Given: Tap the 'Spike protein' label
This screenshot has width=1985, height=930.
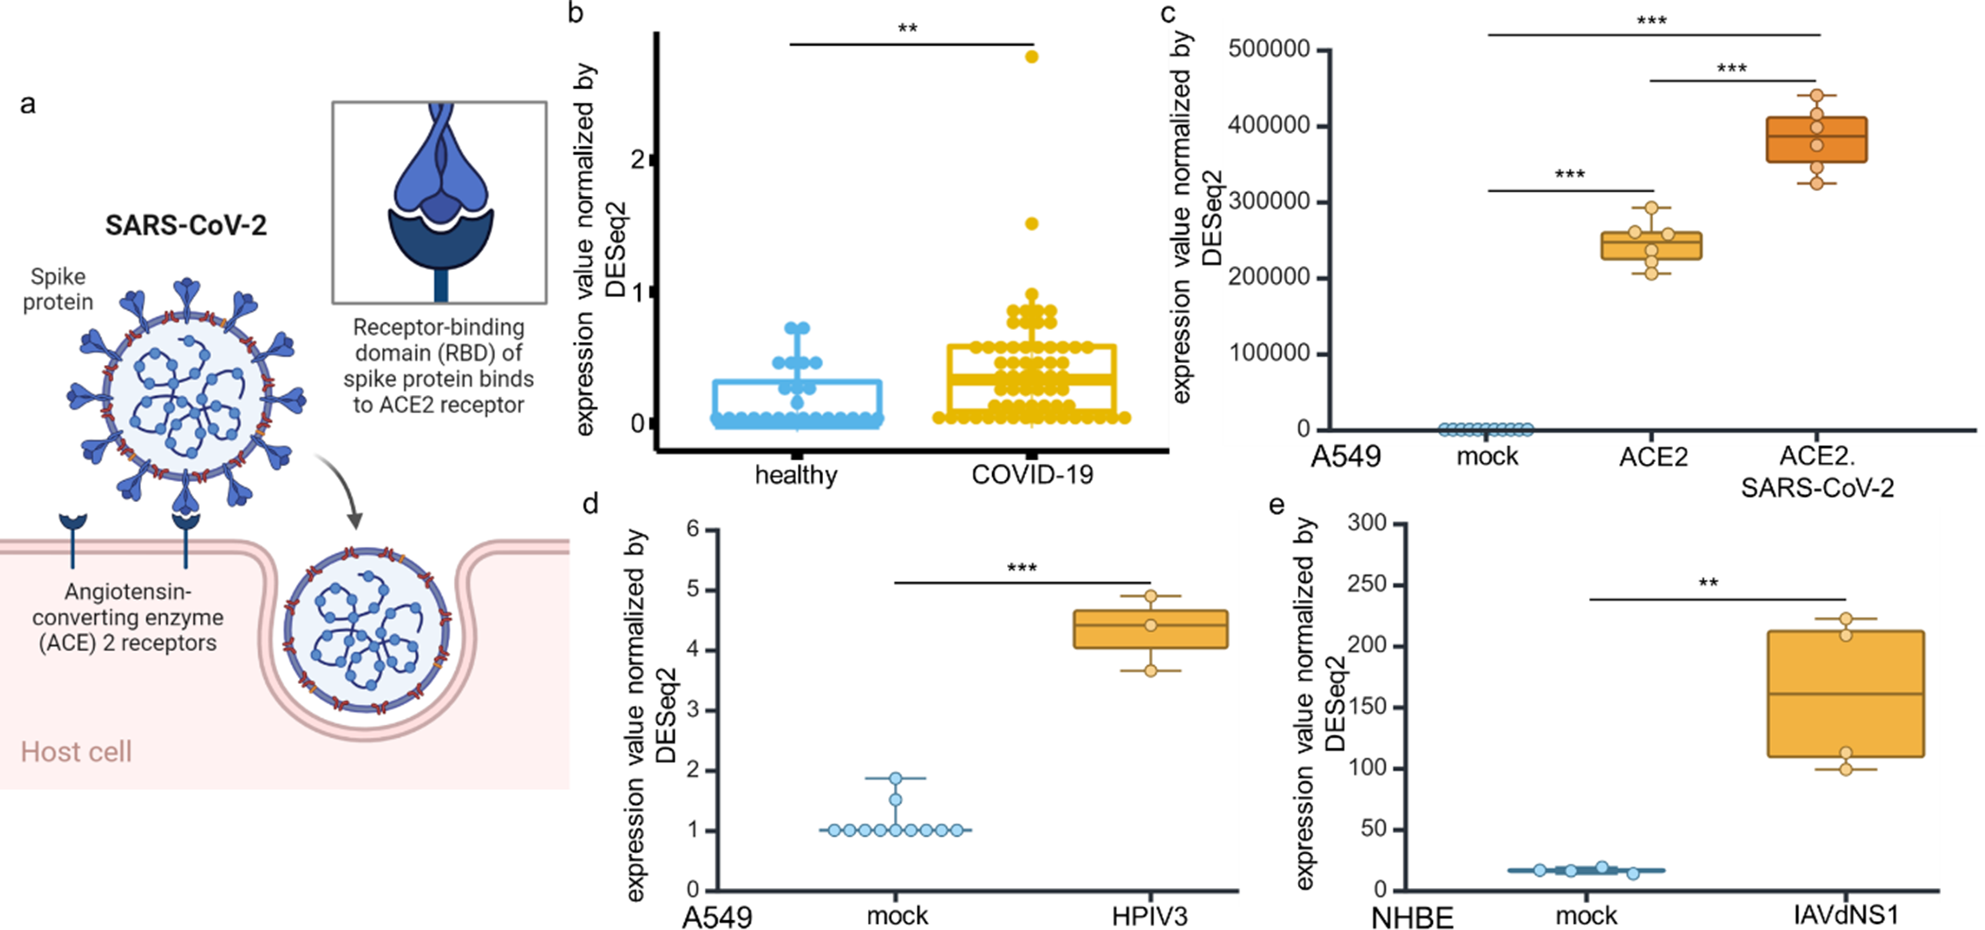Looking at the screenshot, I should (x=58, y=289).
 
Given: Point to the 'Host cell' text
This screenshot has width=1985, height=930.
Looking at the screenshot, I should (x=76, y=751).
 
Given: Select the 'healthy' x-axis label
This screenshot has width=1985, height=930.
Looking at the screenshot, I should (x=796, y=474).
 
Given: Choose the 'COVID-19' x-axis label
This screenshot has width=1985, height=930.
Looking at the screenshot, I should (x=1032, y=474).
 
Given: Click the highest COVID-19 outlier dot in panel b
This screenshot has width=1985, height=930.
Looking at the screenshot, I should (x=1031, y=56).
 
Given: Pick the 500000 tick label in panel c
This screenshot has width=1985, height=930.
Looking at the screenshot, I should (x=1269, y=50).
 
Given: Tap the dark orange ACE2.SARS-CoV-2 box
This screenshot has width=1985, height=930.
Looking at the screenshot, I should (x=1816, y=139).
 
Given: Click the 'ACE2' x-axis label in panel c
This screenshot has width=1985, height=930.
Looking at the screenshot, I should (x=1653, y=457).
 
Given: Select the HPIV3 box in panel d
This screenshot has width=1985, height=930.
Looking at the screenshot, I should (x=1151, y=629).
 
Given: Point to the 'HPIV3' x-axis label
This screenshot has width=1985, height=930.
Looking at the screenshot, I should (x=1149, y=916).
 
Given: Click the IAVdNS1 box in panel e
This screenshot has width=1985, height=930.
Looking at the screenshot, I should (x=1846, y=693).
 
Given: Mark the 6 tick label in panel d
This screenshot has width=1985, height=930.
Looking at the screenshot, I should (x=693, y=529).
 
